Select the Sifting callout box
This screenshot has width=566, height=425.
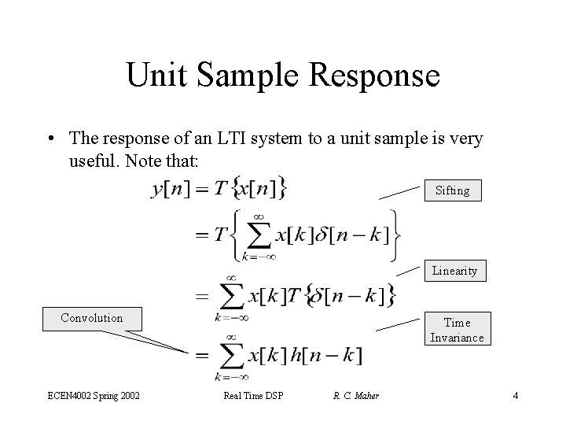pos(452,190)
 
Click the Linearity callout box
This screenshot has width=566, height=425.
pos(454,271)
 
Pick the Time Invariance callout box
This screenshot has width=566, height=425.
pos(457,330)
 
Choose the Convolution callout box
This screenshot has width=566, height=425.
pos(92,318)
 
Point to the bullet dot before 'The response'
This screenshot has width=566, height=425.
pos(51,139)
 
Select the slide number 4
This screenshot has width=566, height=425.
pos(515,395)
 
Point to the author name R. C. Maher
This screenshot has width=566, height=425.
pos(355,395)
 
